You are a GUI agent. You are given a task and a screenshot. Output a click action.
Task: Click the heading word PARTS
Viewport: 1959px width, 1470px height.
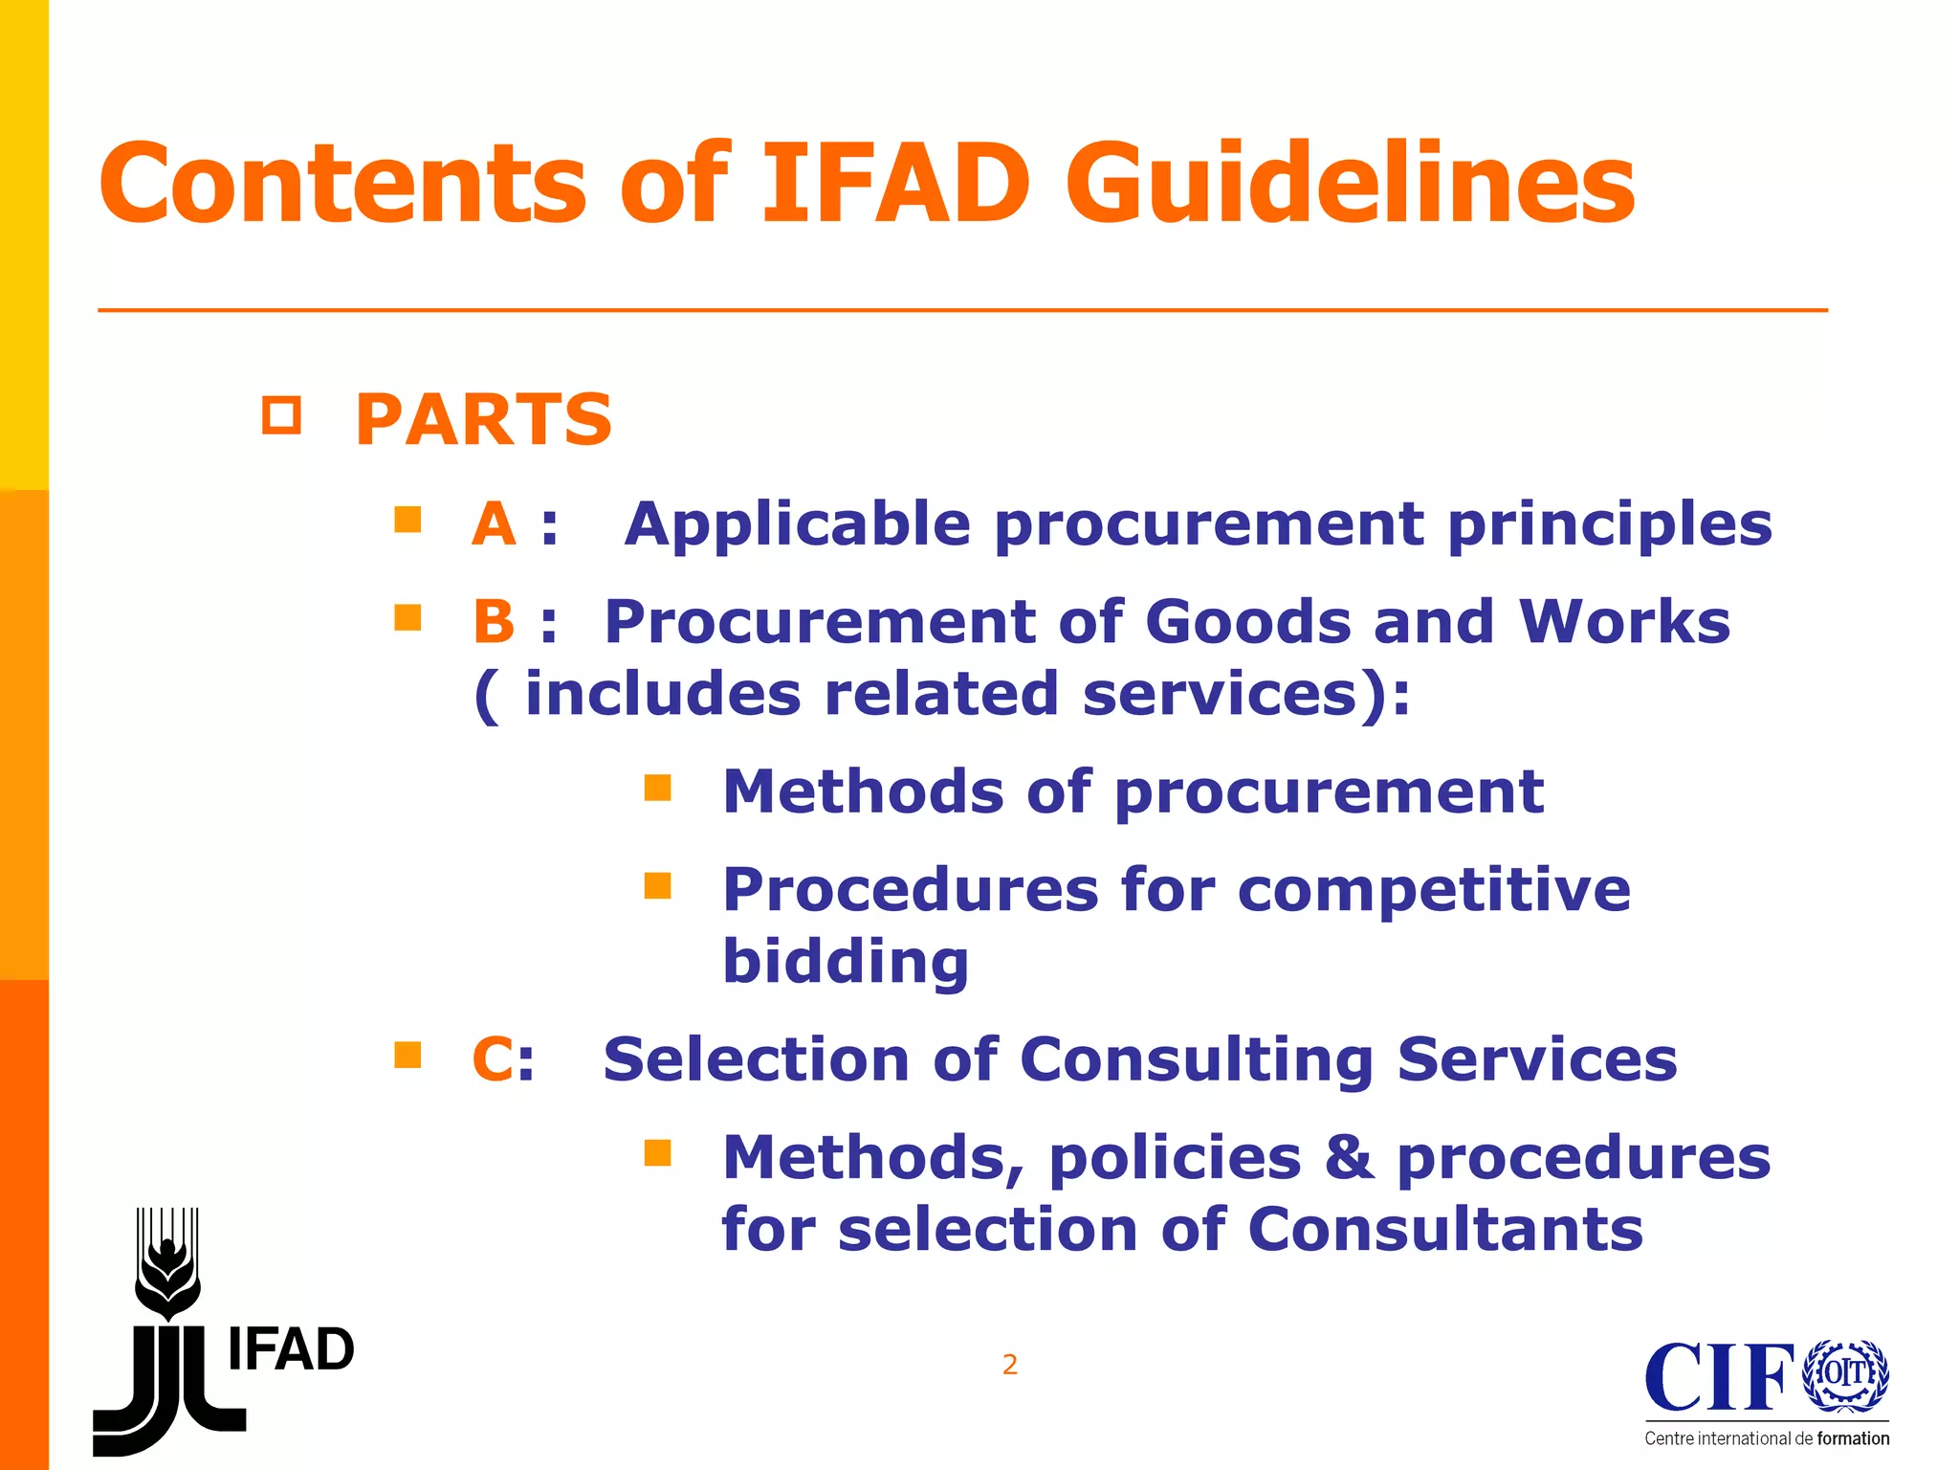[483, 420]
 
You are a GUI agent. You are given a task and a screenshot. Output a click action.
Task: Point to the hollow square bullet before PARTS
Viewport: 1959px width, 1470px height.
[281, 415]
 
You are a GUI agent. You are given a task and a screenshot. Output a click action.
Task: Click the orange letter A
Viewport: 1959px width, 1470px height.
[494, 524]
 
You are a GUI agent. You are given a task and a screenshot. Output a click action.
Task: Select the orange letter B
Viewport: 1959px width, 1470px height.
[494, 622]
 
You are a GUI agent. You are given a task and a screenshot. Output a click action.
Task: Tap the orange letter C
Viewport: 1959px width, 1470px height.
[492, 1059]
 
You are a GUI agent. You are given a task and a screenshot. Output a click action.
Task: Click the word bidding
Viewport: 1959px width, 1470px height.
[846, 961]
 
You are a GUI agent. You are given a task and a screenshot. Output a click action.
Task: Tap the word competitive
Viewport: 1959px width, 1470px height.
[1434, 890]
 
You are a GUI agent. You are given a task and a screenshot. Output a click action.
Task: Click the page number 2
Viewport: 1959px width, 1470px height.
[1009, 1365]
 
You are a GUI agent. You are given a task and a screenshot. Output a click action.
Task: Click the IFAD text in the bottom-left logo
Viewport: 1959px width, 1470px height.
[291, 1350]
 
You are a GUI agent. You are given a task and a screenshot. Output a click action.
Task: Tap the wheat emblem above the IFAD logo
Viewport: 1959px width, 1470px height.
[167, 1263]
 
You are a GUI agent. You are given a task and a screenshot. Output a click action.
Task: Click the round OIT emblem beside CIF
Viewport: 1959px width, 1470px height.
[1845, 1375]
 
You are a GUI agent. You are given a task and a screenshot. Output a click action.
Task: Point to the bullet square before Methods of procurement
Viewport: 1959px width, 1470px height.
[657, 788]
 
